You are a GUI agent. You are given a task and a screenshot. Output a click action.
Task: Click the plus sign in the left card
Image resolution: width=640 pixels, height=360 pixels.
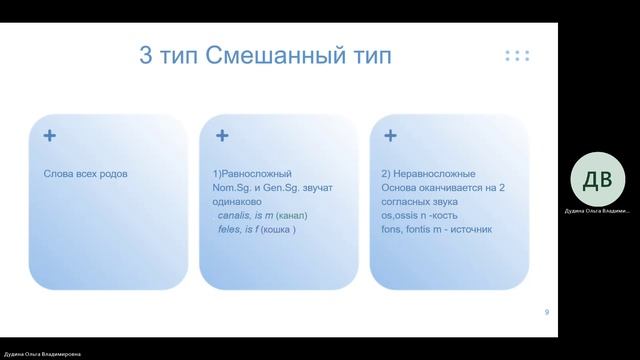(x=49, y=135)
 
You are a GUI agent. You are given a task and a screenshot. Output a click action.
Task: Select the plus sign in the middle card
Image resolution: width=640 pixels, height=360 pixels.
(x=222, y=135)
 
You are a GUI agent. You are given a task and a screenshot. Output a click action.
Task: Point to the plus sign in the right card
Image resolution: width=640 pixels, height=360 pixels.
(x=390, y=135)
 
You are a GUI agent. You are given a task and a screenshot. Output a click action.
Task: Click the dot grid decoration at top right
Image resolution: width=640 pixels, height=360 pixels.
(x=517, y=55)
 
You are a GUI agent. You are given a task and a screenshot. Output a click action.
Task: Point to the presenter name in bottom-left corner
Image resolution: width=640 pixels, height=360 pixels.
(x=41, y=354)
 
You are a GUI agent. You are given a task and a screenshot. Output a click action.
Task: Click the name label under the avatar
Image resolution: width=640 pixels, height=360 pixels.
(x=597, y=211)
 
